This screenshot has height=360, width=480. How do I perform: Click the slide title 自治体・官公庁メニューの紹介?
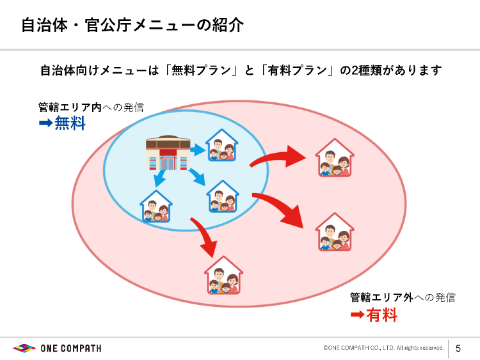pyautogui.click(x=132, y=25)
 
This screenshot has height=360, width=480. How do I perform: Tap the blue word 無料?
pyautogui.click(x=70, y=123)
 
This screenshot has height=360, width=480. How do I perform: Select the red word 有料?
pyautogui.click(x=381, y=315)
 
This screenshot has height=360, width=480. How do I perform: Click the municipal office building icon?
pyautogui.click(x=168, y=153)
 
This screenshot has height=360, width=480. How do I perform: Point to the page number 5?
pyautogui.click(x=458, y=348)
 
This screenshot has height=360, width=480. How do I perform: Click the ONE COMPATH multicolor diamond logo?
pyautogui.click(x=24, y=348)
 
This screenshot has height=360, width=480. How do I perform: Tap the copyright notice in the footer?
pyautogui.click(x=383, y=348)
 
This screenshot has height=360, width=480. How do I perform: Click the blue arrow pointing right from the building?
pyautogui.click(x=198, y=150)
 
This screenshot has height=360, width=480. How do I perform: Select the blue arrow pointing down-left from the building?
pyautogui.click(x=159, y=178)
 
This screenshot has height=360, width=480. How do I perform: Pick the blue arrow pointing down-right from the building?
pyautogui.click(x=197, y=176)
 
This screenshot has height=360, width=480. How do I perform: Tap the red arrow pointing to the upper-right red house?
pyautogui.click(x=277, y=157)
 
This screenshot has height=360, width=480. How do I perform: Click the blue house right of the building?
pyautogui.click(x=222, y=145)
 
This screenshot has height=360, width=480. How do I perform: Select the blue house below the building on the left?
pyautogui.click(x=156, y=206)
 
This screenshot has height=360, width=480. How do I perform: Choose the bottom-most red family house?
pyautogui.click(x=223, y=275)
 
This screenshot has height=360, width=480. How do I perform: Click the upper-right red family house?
pyautogui.click(x=335, y=157)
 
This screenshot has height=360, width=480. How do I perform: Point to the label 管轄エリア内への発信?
pyautogui.click(x=91, y=107)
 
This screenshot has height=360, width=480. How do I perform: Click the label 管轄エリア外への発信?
pyautogui.click(x=403, y=297)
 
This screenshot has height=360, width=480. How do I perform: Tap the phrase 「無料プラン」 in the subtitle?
pyautogui.click(x=201, y=70)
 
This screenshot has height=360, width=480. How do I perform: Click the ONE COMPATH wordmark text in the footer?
pyautogui.click(x=71, y=348)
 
